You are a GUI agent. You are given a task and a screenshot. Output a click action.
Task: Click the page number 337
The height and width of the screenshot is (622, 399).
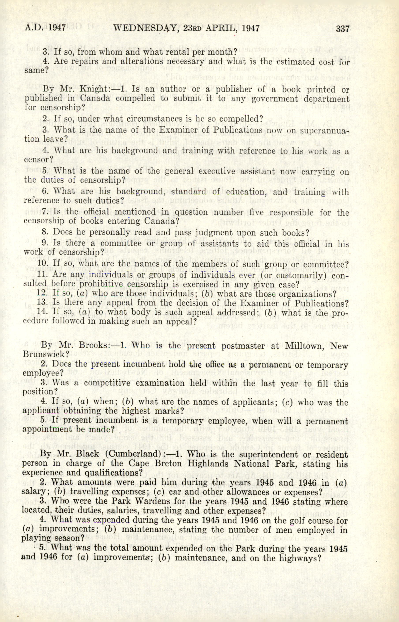(x=343, y=28)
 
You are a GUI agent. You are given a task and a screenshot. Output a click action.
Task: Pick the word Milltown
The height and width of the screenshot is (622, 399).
(x=307, y=346)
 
